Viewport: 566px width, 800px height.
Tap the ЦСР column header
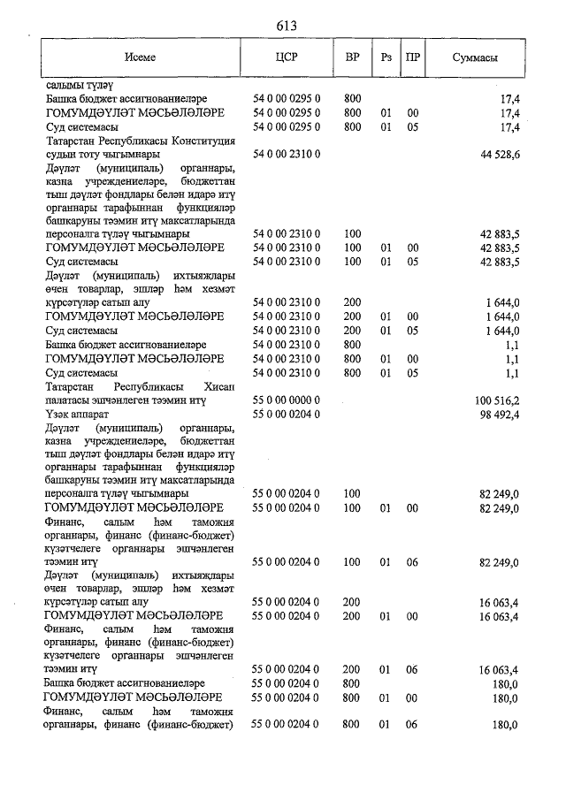(286, 57)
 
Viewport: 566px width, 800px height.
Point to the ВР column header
(352, 57)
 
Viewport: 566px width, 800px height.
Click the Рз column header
(385, 57)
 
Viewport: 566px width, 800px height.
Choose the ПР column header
(412, 57)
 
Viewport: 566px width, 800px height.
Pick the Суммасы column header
(475, 57)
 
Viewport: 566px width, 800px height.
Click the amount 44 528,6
(498, 155)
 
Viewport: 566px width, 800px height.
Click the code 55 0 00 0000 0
(286, 400)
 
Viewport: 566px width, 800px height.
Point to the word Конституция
(204, 141)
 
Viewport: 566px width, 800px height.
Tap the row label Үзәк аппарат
(80, 414)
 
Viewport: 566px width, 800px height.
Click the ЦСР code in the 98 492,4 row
(286, 414)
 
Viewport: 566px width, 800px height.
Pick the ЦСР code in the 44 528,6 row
(286, 155)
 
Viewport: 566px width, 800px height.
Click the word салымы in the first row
(64, 86)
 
